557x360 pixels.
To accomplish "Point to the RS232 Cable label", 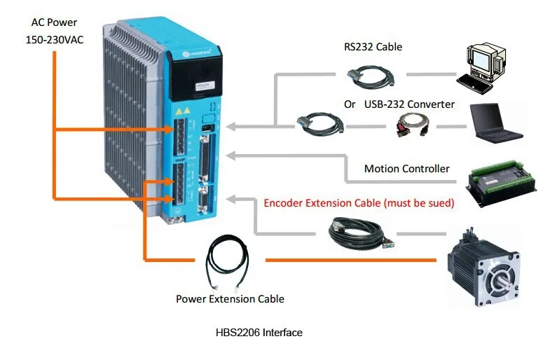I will (x=373, y=48).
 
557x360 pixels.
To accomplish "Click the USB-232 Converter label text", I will (x=409, y=104).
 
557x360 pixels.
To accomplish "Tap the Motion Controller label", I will (x=406, y=169).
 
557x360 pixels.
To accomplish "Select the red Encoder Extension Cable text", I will (x=359, y=203).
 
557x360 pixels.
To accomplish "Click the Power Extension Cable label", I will (x=230, y=299).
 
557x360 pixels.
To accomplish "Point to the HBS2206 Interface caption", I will (x=259, y=333).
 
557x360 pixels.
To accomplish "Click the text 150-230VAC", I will (x=54, y=39).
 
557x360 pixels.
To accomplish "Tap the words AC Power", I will (x=54, y=22).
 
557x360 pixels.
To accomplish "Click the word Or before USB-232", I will (x=350, y=104).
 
